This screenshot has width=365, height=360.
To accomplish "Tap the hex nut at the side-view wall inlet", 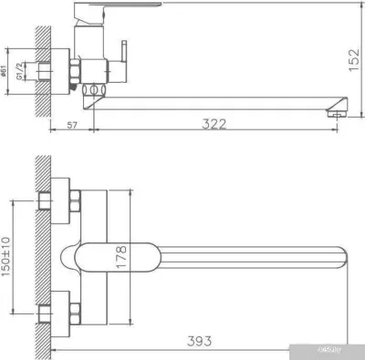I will pyautogui.click(x=74, y=72).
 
